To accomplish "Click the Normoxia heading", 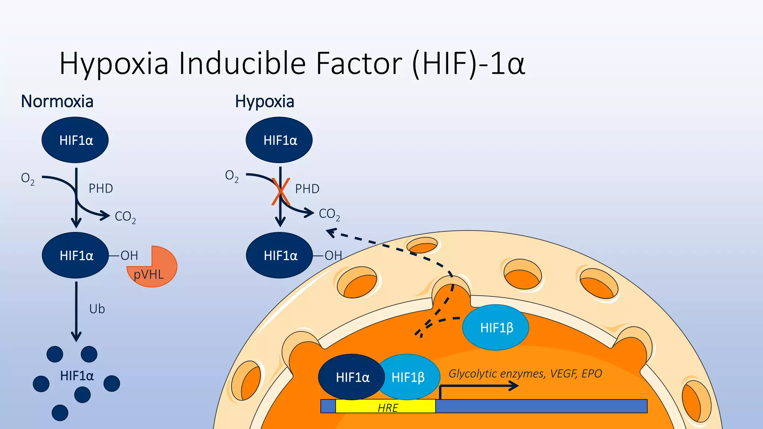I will [57, 102].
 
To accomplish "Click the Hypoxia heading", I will [265, 102].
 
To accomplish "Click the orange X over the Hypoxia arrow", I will [281, 191].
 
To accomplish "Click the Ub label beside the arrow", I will [97, 309].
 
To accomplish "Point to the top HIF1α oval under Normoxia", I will [75, 140].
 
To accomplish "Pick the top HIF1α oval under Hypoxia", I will [279, 140].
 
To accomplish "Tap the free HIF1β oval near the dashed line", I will [496, 328].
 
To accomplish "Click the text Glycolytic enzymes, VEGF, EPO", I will [525, 374].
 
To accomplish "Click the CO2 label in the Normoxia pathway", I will [125, 217].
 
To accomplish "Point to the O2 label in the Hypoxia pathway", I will [231, 176].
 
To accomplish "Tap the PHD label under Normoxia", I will [101, 188].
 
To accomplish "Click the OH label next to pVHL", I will [129, 255].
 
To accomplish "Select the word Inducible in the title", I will [242, 63].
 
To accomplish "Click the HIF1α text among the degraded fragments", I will [77, 376].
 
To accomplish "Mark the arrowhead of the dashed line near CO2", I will [330, 233].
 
